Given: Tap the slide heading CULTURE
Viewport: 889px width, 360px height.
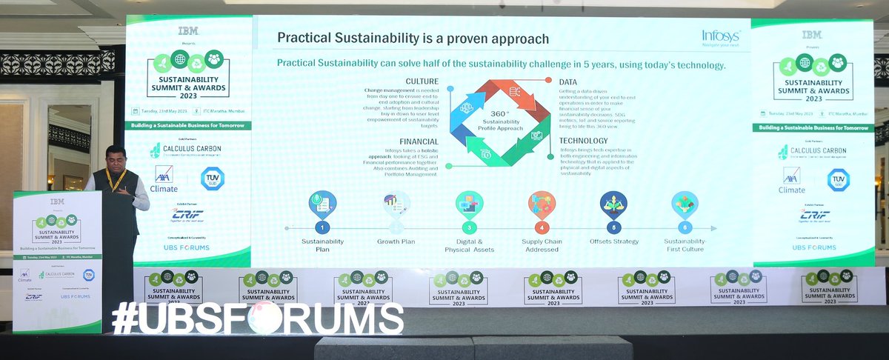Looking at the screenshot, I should (x=422, y=81).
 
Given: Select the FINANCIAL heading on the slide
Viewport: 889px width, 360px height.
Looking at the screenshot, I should (x=419, y=141).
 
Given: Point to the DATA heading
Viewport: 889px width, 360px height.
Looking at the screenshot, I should (x=568, y=81).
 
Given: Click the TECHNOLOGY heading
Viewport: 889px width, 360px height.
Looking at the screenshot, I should (x=584, y=141).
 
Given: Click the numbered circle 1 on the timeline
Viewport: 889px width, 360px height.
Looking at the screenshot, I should (x=322, y=227).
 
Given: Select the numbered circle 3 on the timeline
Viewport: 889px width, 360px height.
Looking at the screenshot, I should (x=468, y=227).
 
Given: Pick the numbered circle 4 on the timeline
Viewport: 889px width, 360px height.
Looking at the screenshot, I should (x=543, y=227).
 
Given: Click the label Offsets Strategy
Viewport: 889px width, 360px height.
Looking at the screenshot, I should (x=613, y=241).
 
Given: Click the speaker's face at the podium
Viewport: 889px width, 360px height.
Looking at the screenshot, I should (x=116, y=159).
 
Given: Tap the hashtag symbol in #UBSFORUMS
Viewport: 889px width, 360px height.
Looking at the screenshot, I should (x=125, y=319).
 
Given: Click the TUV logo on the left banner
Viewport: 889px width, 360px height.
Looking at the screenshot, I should (x=212, y=178).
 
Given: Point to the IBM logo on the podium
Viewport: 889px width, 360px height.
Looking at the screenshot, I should (x=57, y=201).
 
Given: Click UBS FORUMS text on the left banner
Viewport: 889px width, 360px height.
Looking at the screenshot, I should (x=187, y=247).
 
